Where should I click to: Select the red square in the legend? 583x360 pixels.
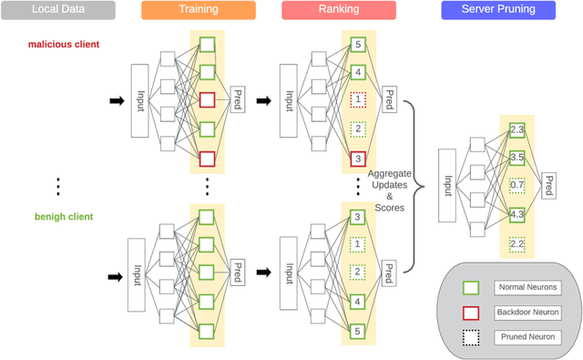pyautogui.click(x=470, y=312)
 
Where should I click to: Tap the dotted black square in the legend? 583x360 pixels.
pyautogui.click(x=470, y=336)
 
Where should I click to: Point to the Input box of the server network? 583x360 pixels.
pyautogui.click(x=447, y=186)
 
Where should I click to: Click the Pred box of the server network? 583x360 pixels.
pyautogui.click(x=549, y=186)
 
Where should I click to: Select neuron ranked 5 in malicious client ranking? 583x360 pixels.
pyautogui.click(x=358, y=44)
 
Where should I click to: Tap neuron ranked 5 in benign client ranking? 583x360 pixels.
pyautogui.click(x=358, y=330)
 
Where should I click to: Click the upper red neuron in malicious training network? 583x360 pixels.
pyautogui.click(x=207, y=100)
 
